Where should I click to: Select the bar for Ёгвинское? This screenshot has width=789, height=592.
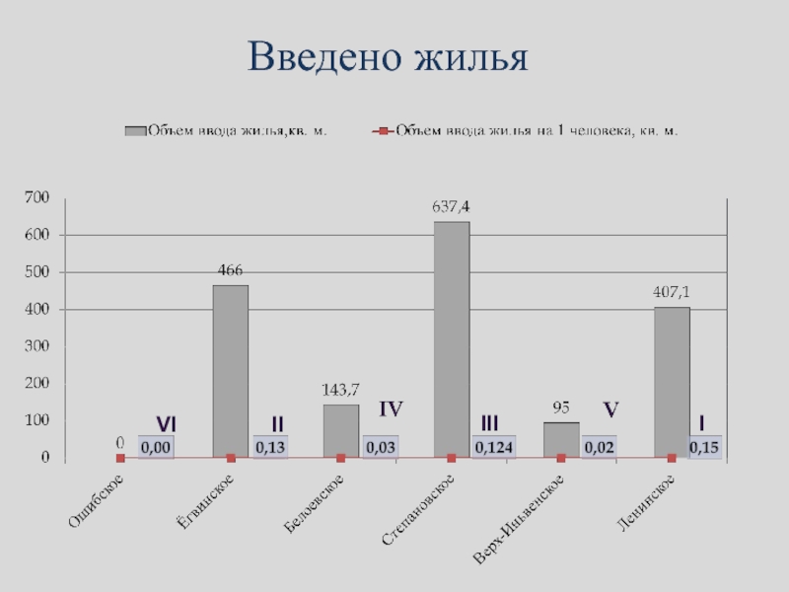click(x=231, y=371)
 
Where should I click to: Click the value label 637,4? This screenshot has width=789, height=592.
click(x=451, y=207)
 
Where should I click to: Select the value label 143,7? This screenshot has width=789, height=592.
click(x=340, y=390)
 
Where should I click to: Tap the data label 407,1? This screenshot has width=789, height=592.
click(x=671, y=292)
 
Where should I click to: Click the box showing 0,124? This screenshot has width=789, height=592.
click(x=493, y=448)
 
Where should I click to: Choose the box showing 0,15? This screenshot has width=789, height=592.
click(x=704, y=448)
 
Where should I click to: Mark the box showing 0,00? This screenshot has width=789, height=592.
click(x=156, y=448)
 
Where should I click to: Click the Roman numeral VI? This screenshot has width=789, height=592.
click(x=166, y=423)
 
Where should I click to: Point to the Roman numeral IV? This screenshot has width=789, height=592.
click(x=392, y=407)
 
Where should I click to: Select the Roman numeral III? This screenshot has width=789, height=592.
click(x=489, y=423)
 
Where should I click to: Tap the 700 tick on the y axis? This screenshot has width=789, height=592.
click(x=36, y=198)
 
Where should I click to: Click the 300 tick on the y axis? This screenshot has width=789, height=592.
click(x=36, y=346)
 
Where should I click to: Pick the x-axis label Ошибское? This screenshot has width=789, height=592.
click(x=96, y=503)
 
